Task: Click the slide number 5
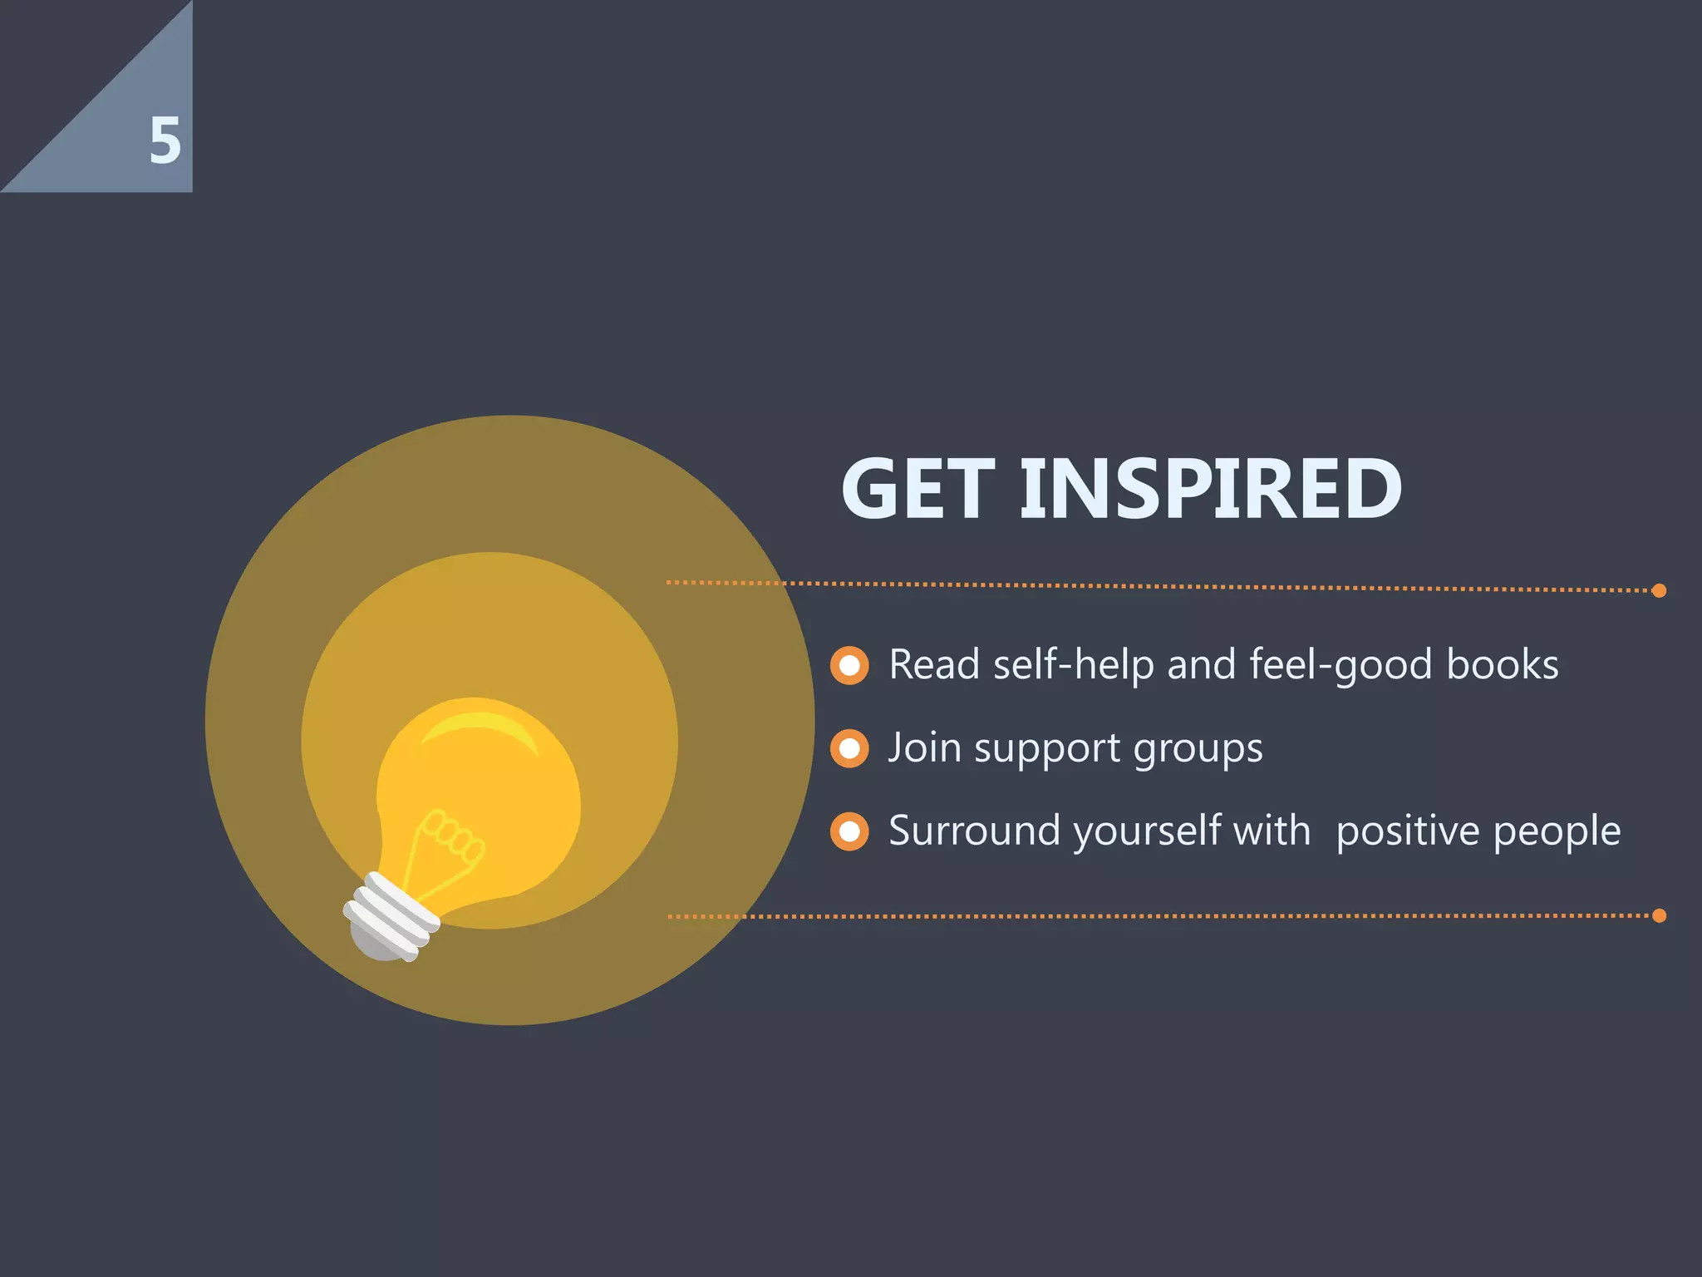pyautogui.click(x=165, y=141)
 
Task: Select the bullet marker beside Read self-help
pyautogui.click(x=849, y=665)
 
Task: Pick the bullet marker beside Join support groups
pyautogui.click(x=849, y=748)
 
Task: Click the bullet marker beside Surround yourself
pyautogui.click(x=849, y=831)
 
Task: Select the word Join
pyautogui.click(x=924, y=747)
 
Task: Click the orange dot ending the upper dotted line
pyautogui.click(x=1659, y=590)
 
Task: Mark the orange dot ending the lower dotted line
pyautogui.click(x=1659, y=915)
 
